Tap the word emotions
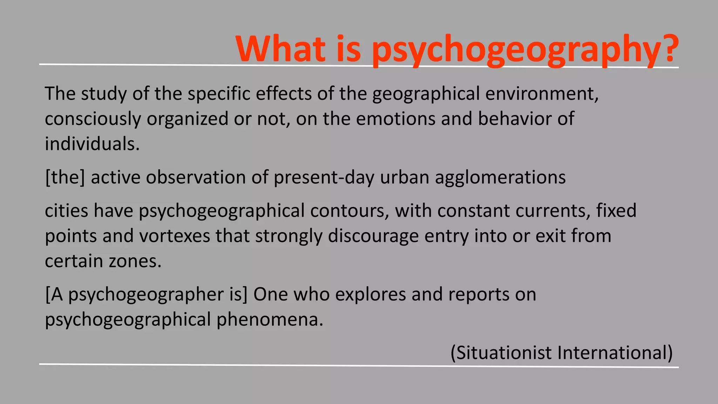click(396, 119)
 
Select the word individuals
click(92, 144)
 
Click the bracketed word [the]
click(65, 177)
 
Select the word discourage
click(373, 236)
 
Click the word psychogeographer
click(146, 295)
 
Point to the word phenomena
click(270, 320)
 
